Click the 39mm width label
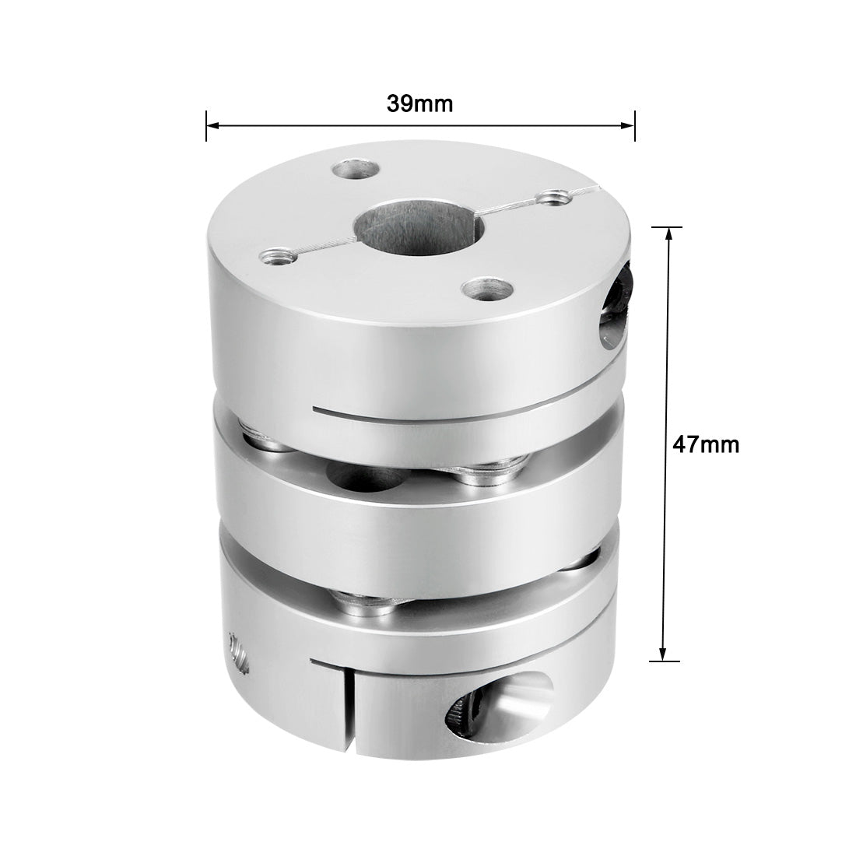click(419, 103)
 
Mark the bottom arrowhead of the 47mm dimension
click(663, 655)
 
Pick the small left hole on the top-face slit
click(274, 254)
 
